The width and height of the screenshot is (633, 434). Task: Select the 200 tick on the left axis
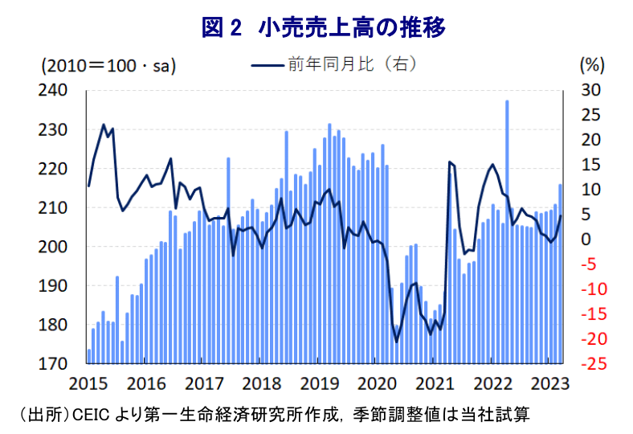[x=63, y=247]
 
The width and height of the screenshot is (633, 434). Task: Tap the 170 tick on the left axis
[x=63, y=364]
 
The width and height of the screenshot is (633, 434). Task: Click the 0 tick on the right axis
[x=587, y=239]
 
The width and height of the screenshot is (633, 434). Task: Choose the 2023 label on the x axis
[x=553, y=382]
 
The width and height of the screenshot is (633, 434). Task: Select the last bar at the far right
[x=561, y=273]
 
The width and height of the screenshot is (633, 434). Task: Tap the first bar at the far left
[x=89, y=357]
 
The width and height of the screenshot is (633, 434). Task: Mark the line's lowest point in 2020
[x=396, y=342]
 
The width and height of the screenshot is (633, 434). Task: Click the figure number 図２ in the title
[x=222, y=29]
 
